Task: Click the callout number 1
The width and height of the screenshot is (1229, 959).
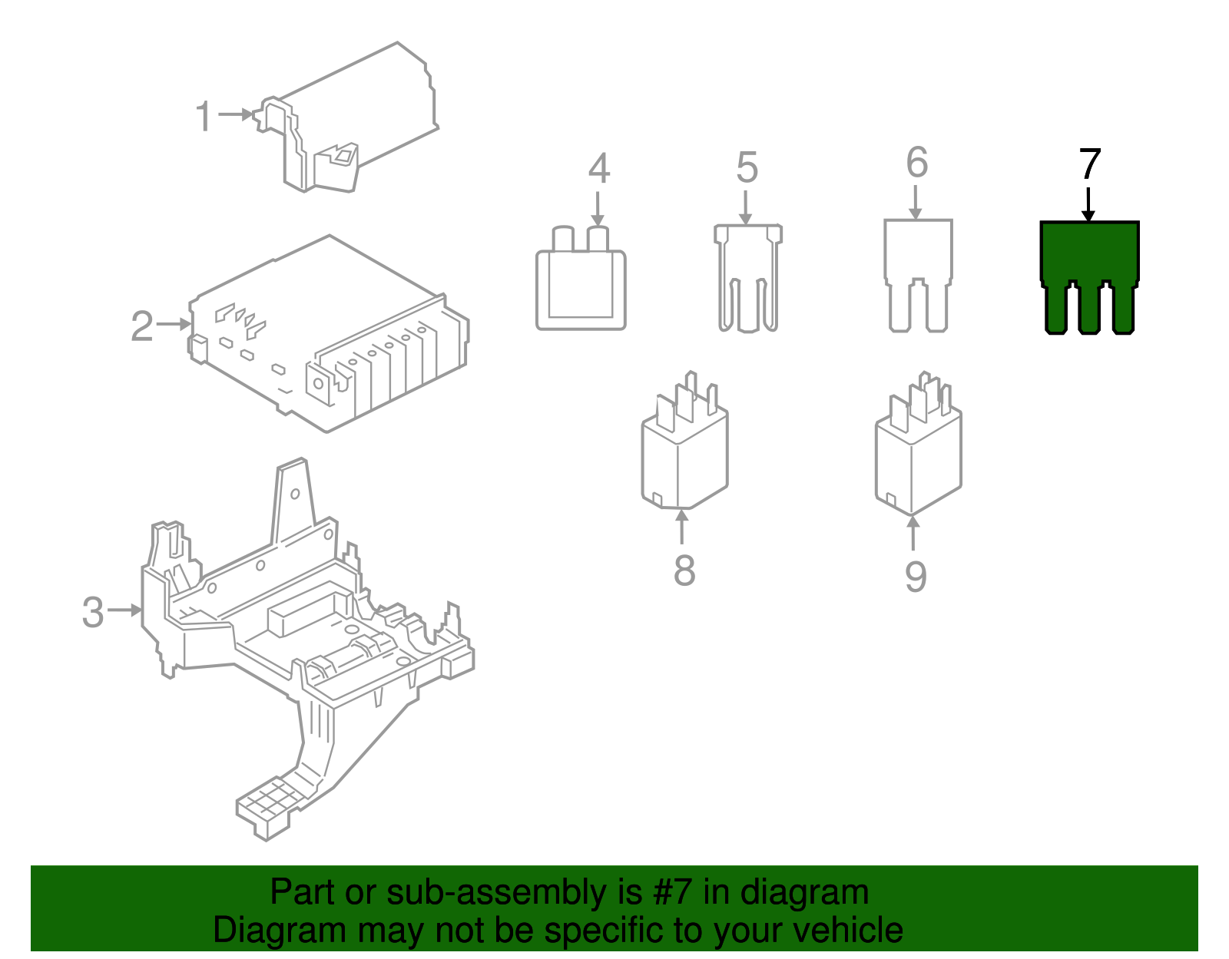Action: [203, 117]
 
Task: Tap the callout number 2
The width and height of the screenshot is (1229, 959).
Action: [142, 326]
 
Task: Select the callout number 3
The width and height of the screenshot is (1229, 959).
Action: [93, 612]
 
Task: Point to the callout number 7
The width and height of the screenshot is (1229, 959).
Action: [1089, 164]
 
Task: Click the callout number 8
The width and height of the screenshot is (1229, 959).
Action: [684, 570]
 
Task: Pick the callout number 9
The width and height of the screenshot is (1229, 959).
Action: [915, 577]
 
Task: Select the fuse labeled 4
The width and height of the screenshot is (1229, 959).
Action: [581, 288]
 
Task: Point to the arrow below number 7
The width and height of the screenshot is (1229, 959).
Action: [1088, 206]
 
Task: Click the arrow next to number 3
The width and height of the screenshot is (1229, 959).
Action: [125, 610]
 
